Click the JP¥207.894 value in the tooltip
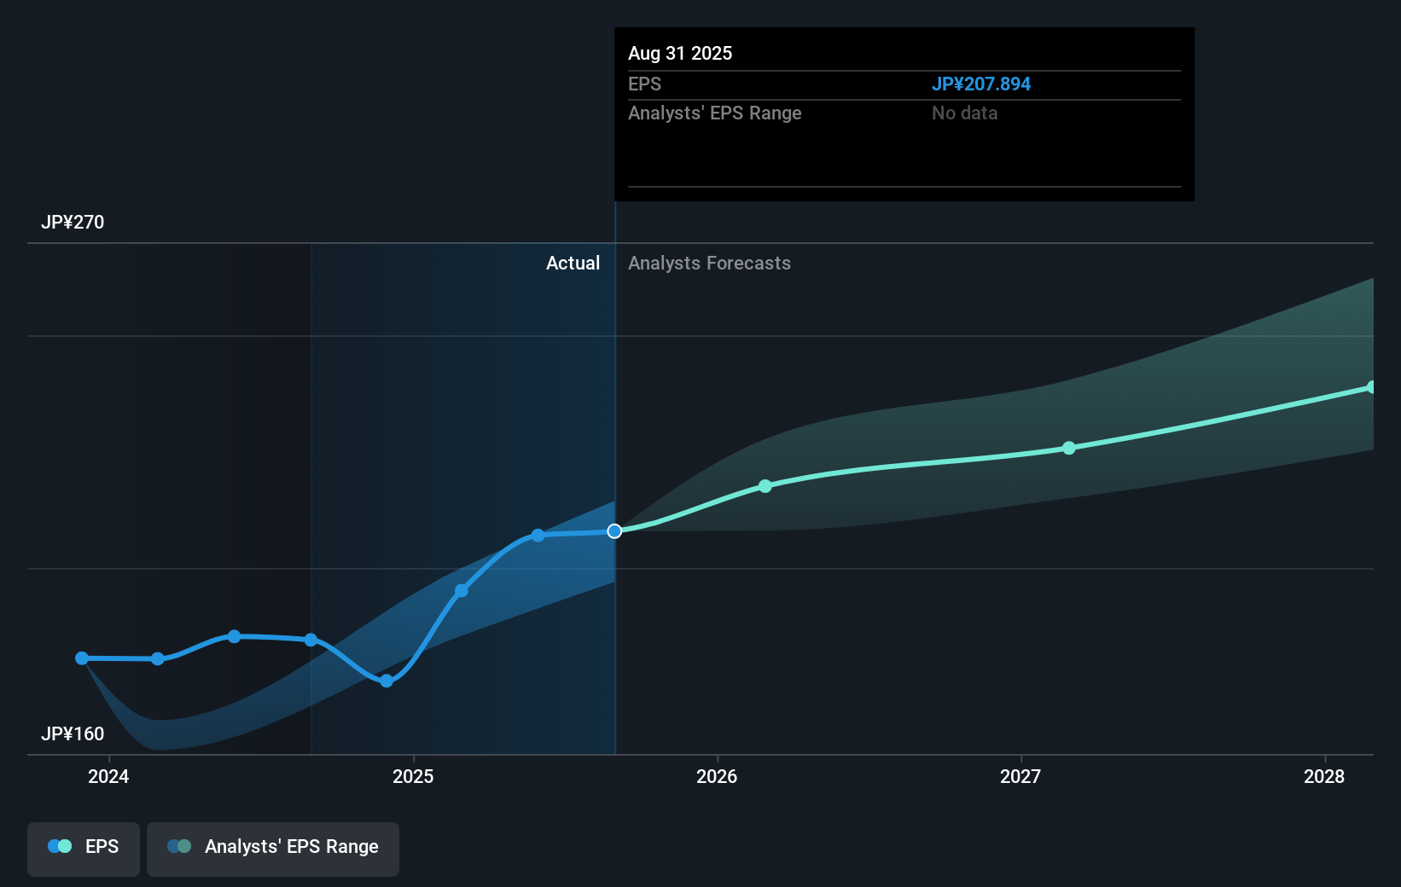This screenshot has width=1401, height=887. click(980, 84)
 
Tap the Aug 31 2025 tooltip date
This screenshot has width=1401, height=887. click(680, 53)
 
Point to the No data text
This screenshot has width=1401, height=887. click(964, 113)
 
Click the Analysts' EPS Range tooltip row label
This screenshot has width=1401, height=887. click(714, 113)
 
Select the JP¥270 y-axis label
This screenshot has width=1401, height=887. click(73, 223)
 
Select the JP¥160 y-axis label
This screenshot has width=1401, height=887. click(73, 734)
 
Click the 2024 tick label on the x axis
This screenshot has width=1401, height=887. click(108, 777)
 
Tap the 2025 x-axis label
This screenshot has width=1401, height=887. click(413, 777)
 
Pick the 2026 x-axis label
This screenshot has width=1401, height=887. click(717, 777)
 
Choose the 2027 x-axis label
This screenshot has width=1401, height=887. click(1020, 777)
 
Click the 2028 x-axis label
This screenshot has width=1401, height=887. click(1324, 777)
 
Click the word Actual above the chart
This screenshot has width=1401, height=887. click(573, 264)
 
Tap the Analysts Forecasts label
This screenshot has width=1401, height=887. click(709, 264)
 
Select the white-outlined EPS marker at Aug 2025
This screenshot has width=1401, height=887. click(614, 531)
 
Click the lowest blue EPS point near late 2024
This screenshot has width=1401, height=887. click(387, 681)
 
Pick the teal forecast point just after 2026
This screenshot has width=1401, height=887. click(765, 486)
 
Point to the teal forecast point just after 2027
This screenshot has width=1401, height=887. click(1069, 448)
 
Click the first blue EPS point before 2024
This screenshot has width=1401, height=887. click(82, 658)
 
